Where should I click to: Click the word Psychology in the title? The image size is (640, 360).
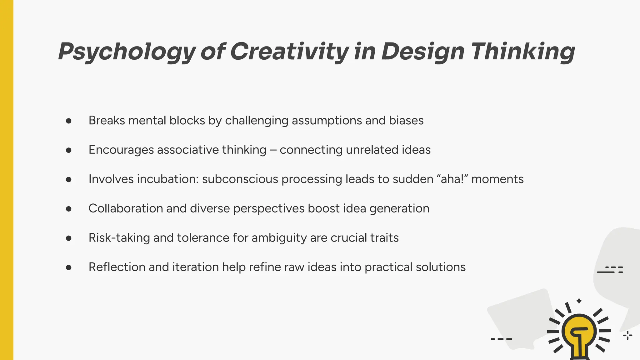[127, 52]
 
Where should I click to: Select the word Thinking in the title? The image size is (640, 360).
[523, 52]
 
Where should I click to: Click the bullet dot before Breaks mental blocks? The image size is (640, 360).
[69, 121]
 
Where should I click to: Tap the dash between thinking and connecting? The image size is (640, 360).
[273, 150]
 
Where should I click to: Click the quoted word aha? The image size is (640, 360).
[452, 179]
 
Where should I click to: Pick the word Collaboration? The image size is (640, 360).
[125, 208]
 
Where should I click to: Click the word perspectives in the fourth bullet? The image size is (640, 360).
[269, 209]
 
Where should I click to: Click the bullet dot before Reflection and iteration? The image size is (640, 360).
[69, 267]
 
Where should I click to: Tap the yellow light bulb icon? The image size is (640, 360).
[579, 334]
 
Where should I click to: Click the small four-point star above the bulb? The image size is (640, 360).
[579, 301]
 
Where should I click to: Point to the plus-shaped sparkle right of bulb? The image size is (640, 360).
[627, 336]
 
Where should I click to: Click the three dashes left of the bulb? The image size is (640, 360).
[501, 339]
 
